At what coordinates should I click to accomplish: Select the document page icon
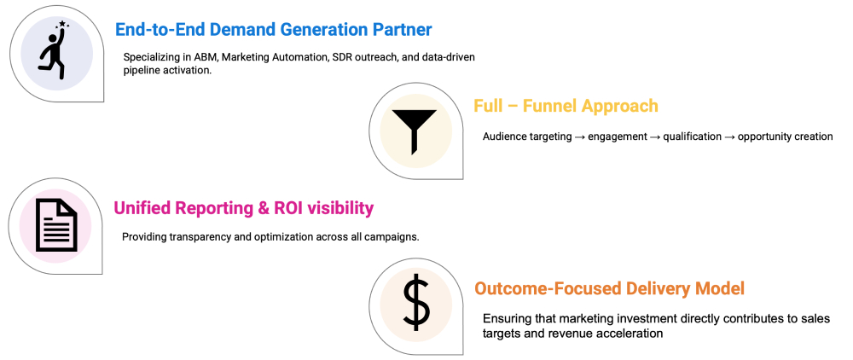56,225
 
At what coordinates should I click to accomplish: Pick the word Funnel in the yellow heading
548,106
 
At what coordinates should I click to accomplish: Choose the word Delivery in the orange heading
635,288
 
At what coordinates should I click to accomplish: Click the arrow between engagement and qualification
655,137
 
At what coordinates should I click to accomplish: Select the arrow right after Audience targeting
580,137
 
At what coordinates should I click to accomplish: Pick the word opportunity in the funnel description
763,137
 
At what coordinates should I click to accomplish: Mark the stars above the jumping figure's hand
61,24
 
